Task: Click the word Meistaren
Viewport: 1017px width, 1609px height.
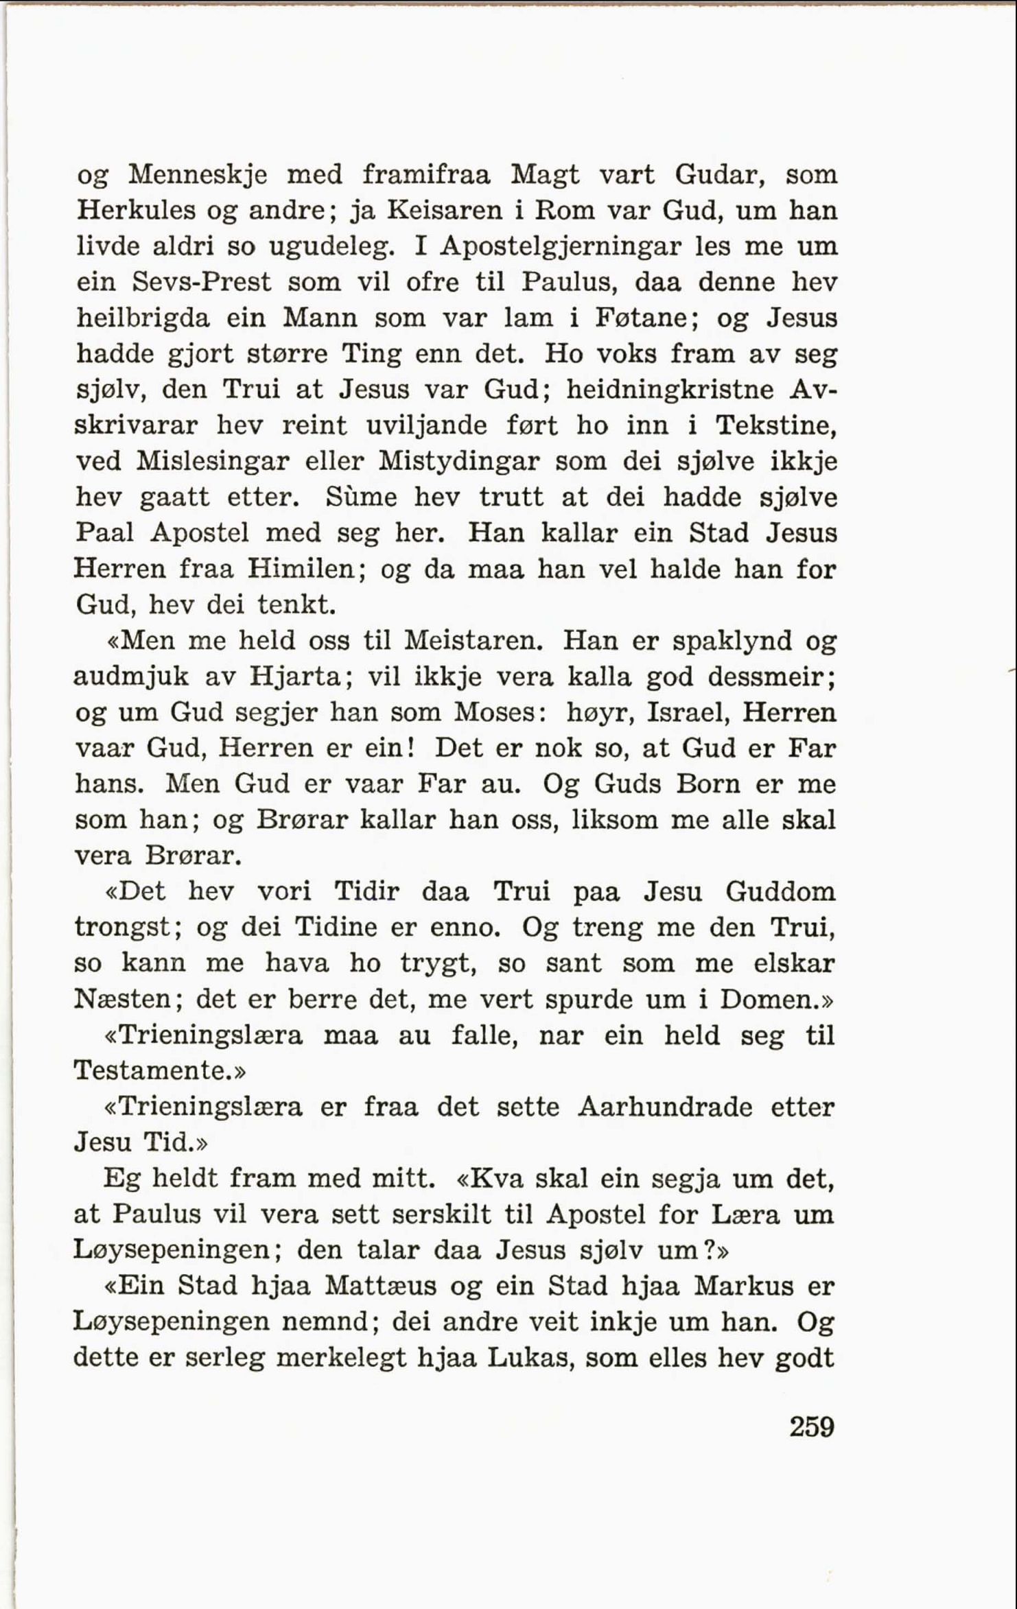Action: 474,641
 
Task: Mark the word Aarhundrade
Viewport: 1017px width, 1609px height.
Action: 665,1107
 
